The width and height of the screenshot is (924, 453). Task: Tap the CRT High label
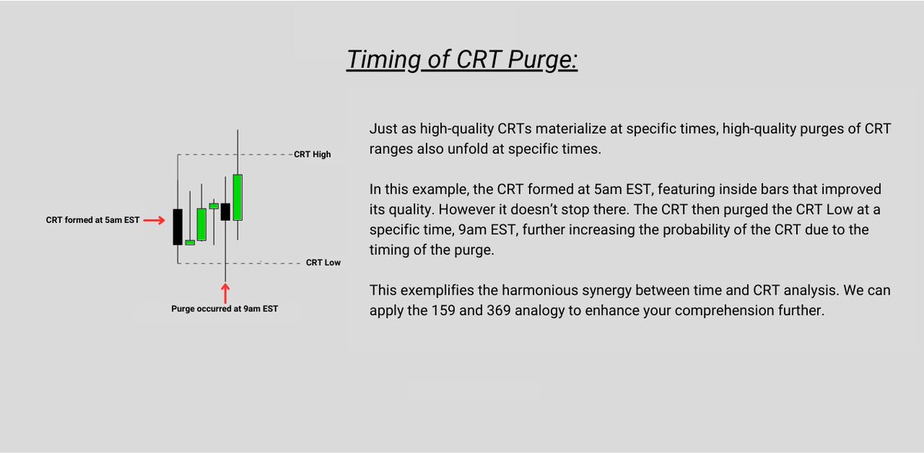(x=312, y=155)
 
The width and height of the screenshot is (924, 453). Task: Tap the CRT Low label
(x=323, y=263)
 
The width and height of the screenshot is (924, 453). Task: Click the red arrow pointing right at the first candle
(x=155, y=221)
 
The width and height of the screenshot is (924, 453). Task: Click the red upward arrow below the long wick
(x=226, y=293)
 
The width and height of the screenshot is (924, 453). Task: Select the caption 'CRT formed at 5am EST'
(x=93, y=221)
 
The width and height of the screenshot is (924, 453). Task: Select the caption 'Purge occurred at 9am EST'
(x=225, y=309)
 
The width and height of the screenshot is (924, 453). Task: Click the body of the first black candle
(x=178, y=227)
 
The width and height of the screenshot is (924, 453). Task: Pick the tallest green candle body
(x=237, y=198)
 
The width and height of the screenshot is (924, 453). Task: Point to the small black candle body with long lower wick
(x=226, y=212)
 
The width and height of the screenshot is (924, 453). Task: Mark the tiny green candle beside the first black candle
(x=189, y=242)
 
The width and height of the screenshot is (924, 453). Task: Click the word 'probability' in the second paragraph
(x=714, y=231)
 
